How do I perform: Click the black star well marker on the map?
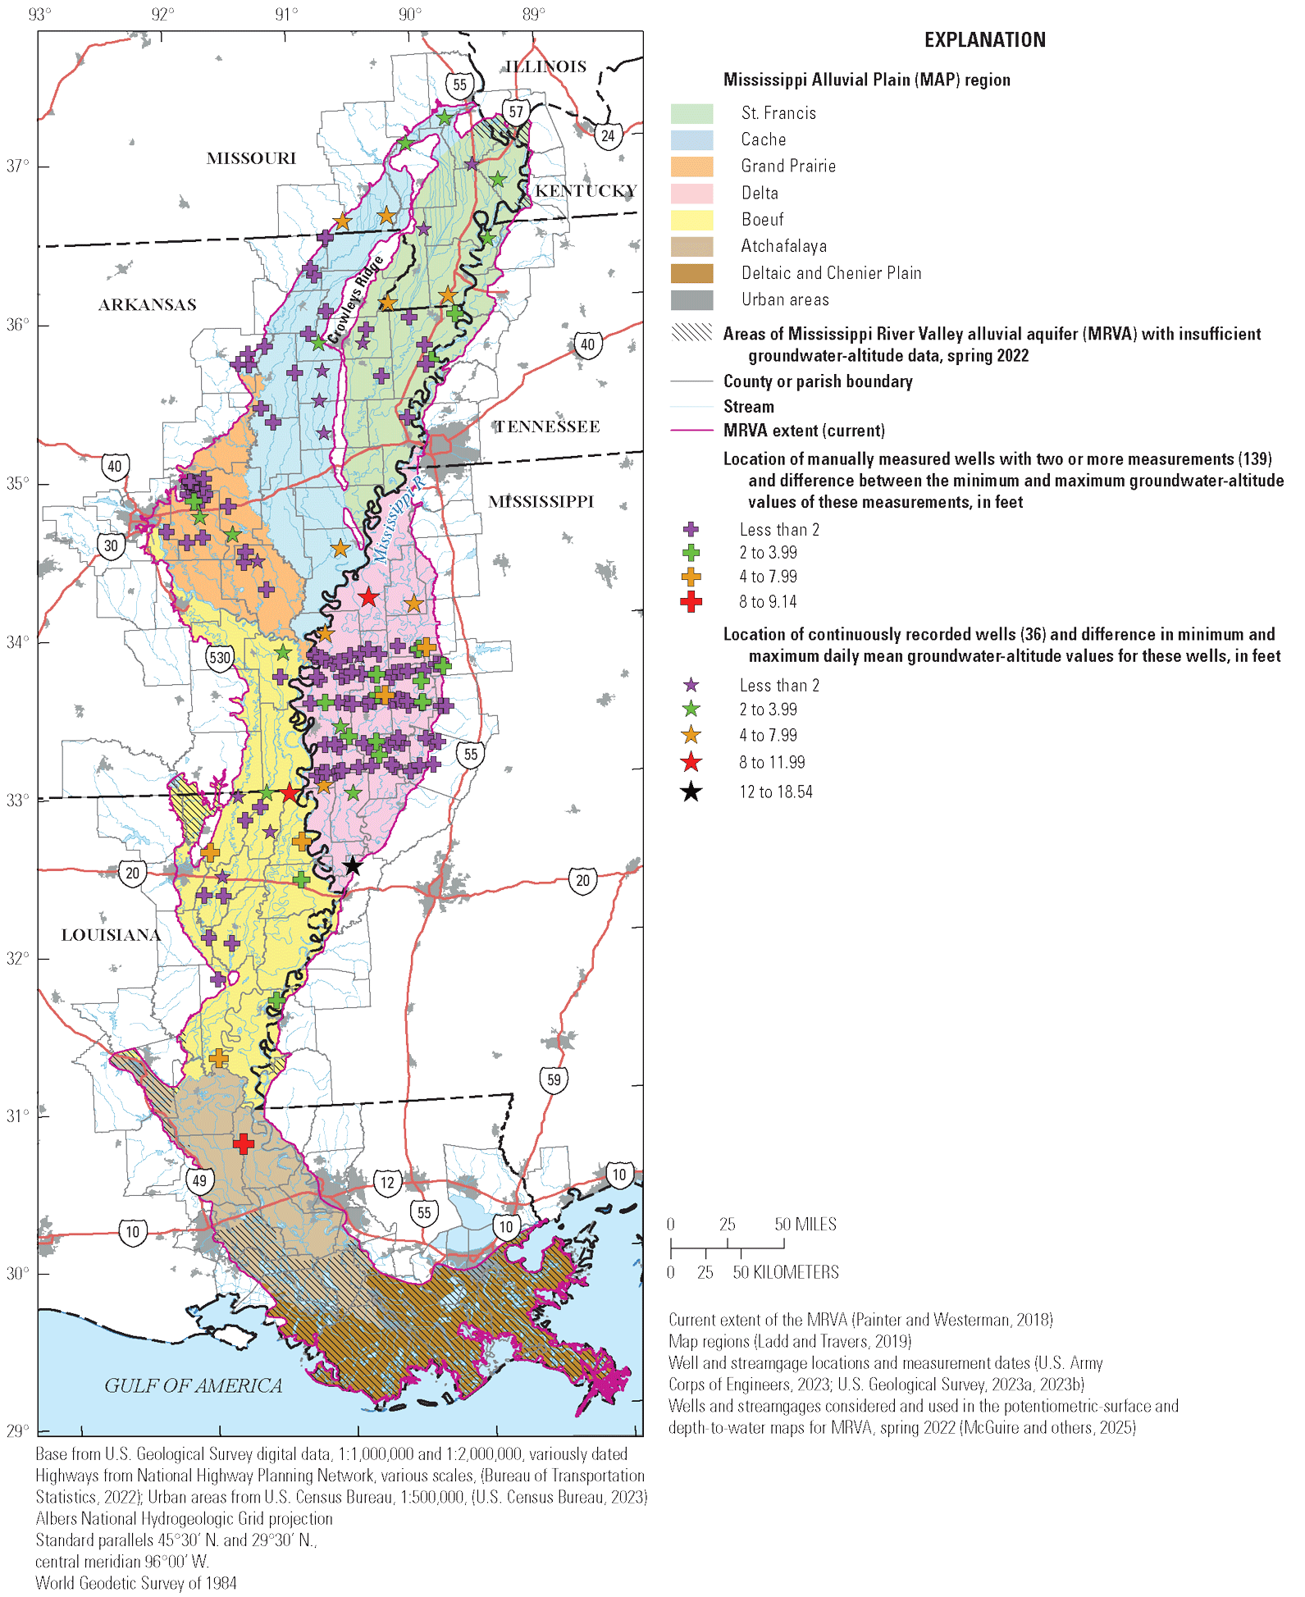[x=352, y=866]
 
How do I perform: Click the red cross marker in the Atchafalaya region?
[x=244, y=1143]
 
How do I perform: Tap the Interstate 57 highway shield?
[x=515, y=112]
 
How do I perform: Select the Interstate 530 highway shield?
[x=220, y=657]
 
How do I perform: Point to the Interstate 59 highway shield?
[x=554, y=1079]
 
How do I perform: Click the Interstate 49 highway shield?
[x=199, y=1180]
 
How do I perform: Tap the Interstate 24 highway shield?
[x=608, y=135]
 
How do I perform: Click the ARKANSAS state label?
[x=148, y=305]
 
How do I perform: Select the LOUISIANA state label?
[x=111, y=935]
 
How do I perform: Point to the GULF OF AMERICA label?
[x=193, y=1385]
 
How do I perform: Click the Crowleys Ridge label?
[x=355, y=299]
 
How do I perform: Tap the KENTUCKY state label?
[x=586, y=190]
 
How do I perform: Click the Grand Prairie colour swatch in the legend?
[x=691, y=167]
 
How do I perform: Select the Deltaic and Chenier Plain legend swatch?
[x=691, y=273]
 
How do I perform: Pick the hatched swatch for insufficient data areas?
[x=691, y=332]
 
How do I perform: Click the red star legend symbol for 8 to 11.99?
[x=691, y=763]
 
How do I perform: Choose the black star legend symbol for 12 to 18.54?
[x=691, y=792]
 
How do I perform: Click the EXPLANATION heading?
[x=984, y=40]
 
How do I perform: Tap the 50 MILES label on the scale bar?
[x=805, y=1224]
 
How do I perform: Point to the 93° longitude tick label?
[x=39, y=14]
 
